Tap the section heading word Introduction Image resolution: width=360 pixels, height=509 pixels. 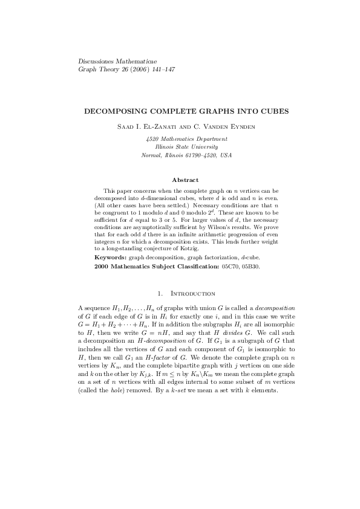coord(194,294)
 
